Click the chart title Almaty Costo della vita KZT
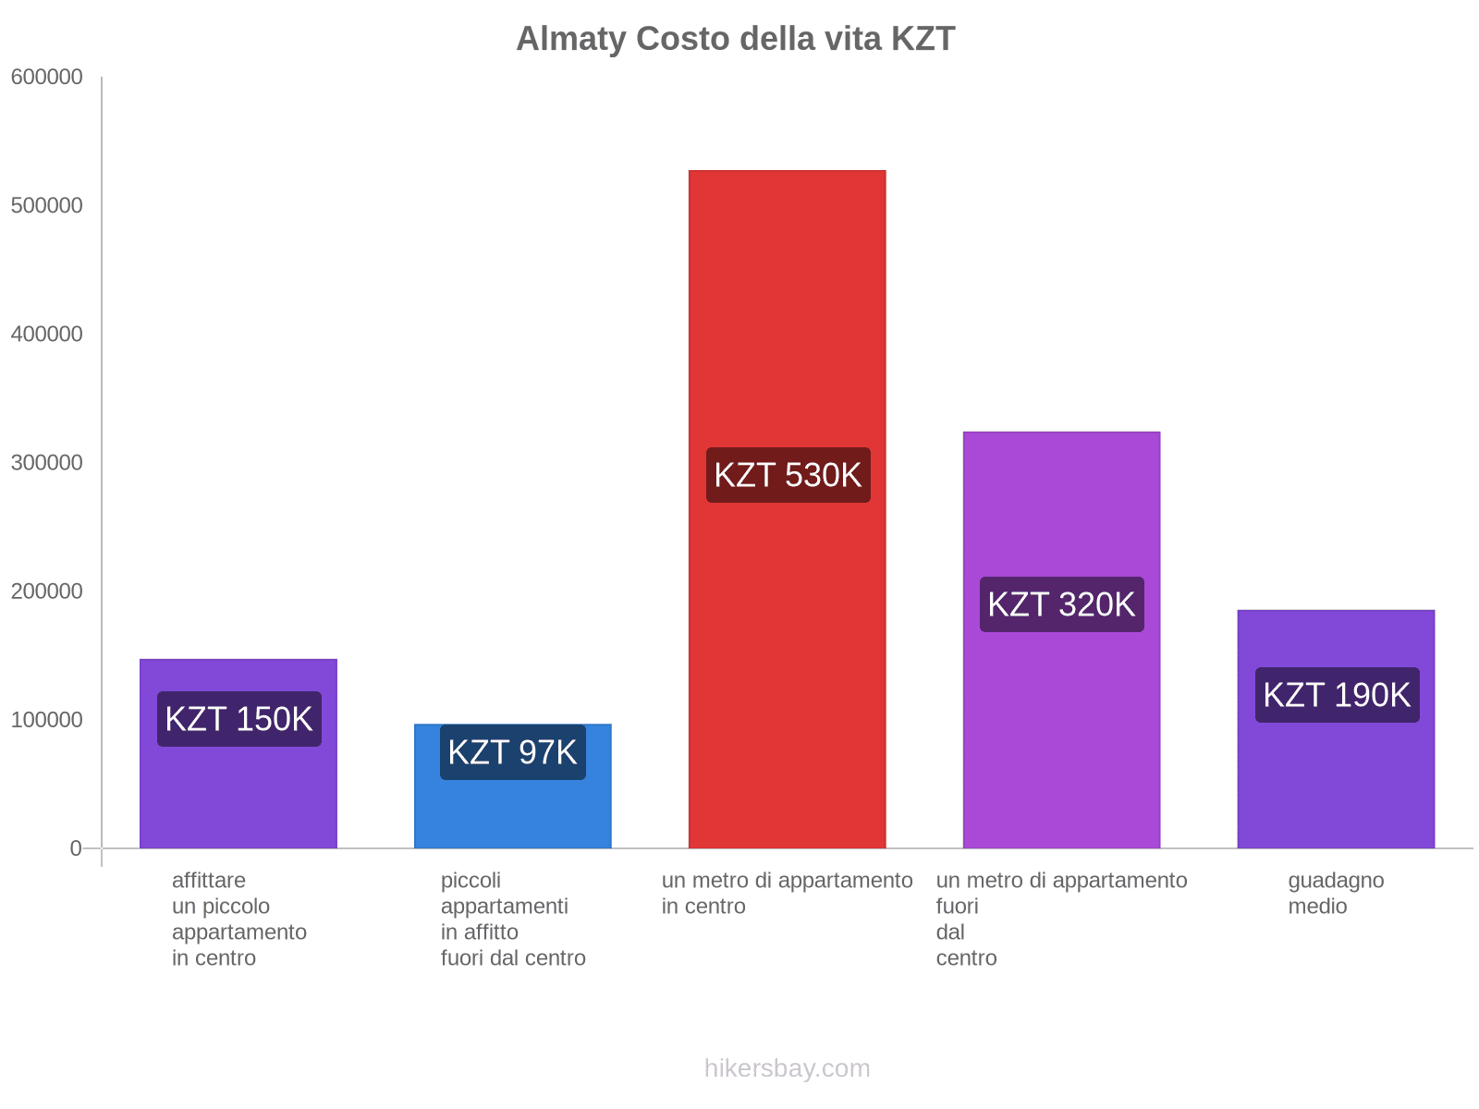[735, 39]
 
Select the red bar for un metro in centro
[787, 323]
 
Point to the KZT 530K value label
[788, 475]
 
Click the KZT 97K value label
[512, 752]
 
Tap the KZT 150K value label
[238, 719]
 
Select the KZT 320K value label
[1061, 604]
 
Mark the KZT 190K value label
[1337, 695]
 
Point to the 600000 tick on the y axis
[47, 78]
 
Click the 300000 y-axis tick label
[47, 463]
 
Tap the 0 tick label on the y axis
[76, 848]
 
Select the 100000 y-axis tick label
[47, 720]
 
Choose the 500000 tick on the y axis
[47, 206]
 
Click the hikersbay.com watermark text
[787, 1068]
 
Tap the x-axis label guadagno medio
[1336, 893]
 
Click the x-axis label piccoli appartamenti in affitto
[512, 919]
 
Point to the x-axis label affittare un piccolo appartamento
[238, 919]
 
